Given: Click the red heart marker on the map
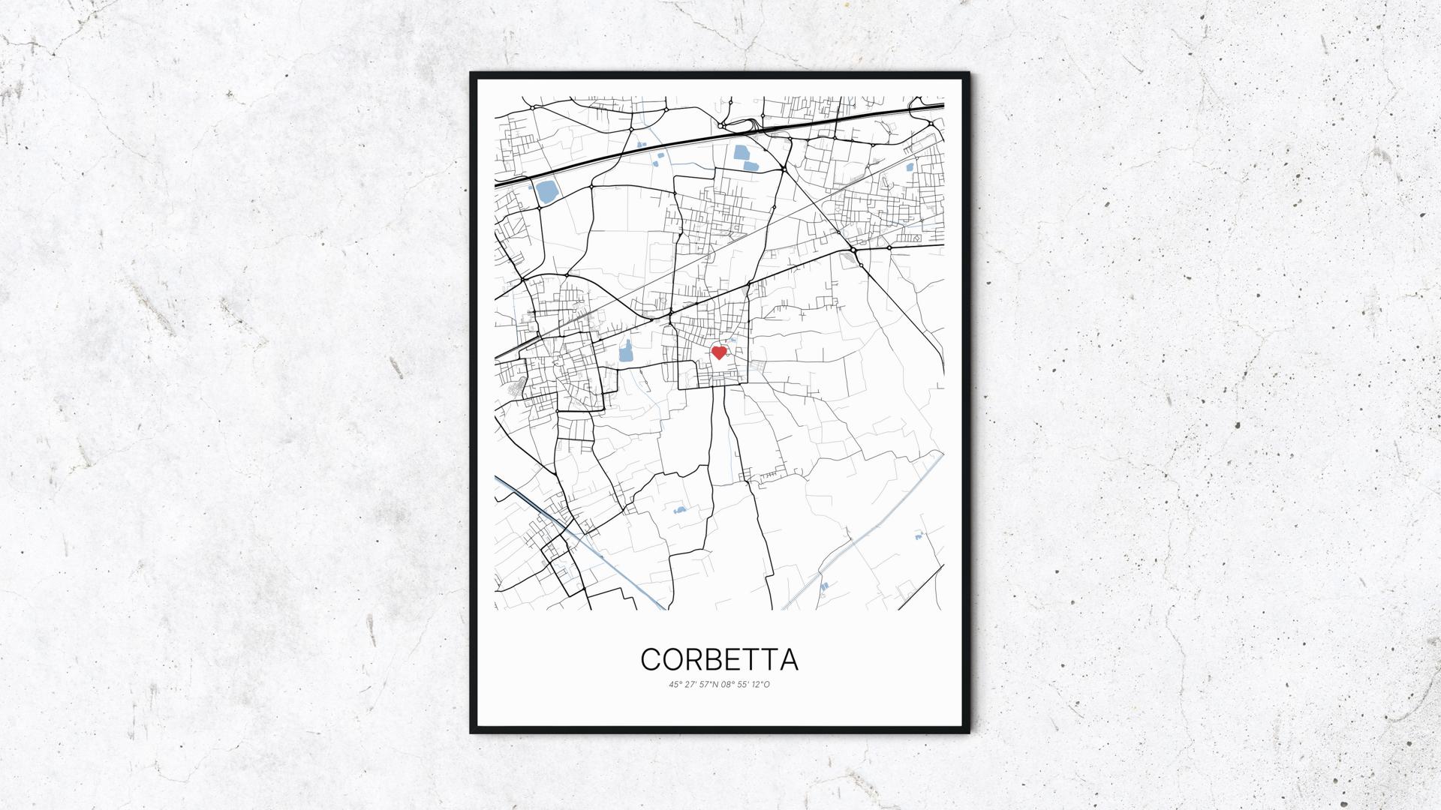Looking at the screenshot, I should pos(719,352).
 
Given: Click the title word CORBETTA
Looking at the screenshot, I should pos(719,659).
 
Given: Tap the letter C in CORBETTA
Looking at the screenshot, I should pos(651,659).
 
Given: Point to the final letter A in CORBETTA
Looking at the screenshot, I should pos(788,659).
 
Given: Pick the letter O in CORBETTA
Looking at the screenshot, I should pos(670,659).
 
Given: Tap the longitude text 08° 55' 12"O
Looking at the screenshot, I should pos(745,684).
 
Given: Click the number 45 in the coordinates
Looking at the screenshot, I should pos(673,684).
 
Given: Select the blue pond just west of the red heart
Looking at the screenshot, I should pos(626,350).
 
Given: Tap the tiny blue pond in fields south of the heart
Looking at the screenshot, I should pos(680,510).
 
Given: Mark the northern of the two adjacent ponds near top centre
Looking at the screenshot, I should pos(742,154).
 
